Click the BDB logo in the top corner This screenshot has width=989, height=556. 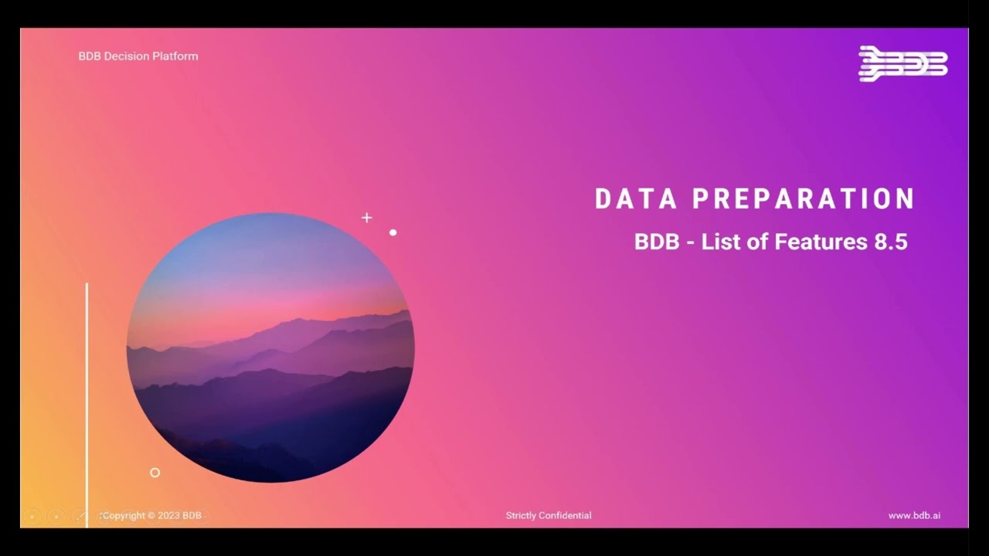click(x=902, y=63)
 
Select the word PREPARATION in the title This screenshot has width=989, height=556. click(x=804, y=198)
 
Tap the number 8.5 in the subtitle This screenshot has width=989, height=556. click(x=891, y=242)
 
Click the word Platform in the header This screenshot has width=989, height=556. click(x=176, y=56)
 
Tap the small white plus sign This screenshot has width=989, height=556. click(x=367, y=218)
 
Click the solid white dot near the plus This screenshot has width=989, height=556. click(x=393, y=232)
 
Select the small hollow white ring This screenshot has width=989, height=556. click(x=155, y=473)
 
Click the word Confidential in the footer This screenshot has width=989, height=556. click(x=566, y=515)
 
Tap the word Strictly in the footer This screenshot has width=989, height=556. click(x=521, y=515)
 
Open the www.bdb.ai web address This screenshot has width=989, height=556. click(x=914, y=515)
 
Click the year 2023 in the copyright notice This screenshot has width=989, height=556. click(x=169, y=515)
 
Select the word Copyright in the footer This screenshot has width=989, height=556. click(x=124, y=515)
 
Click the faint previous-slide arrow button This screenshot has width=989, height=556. click(x=32, y=515)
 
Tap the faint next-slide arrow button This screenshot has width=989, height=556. click(x=56, y=515)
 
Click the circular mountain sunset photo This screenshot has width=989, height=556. click(x=270, y=347)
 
